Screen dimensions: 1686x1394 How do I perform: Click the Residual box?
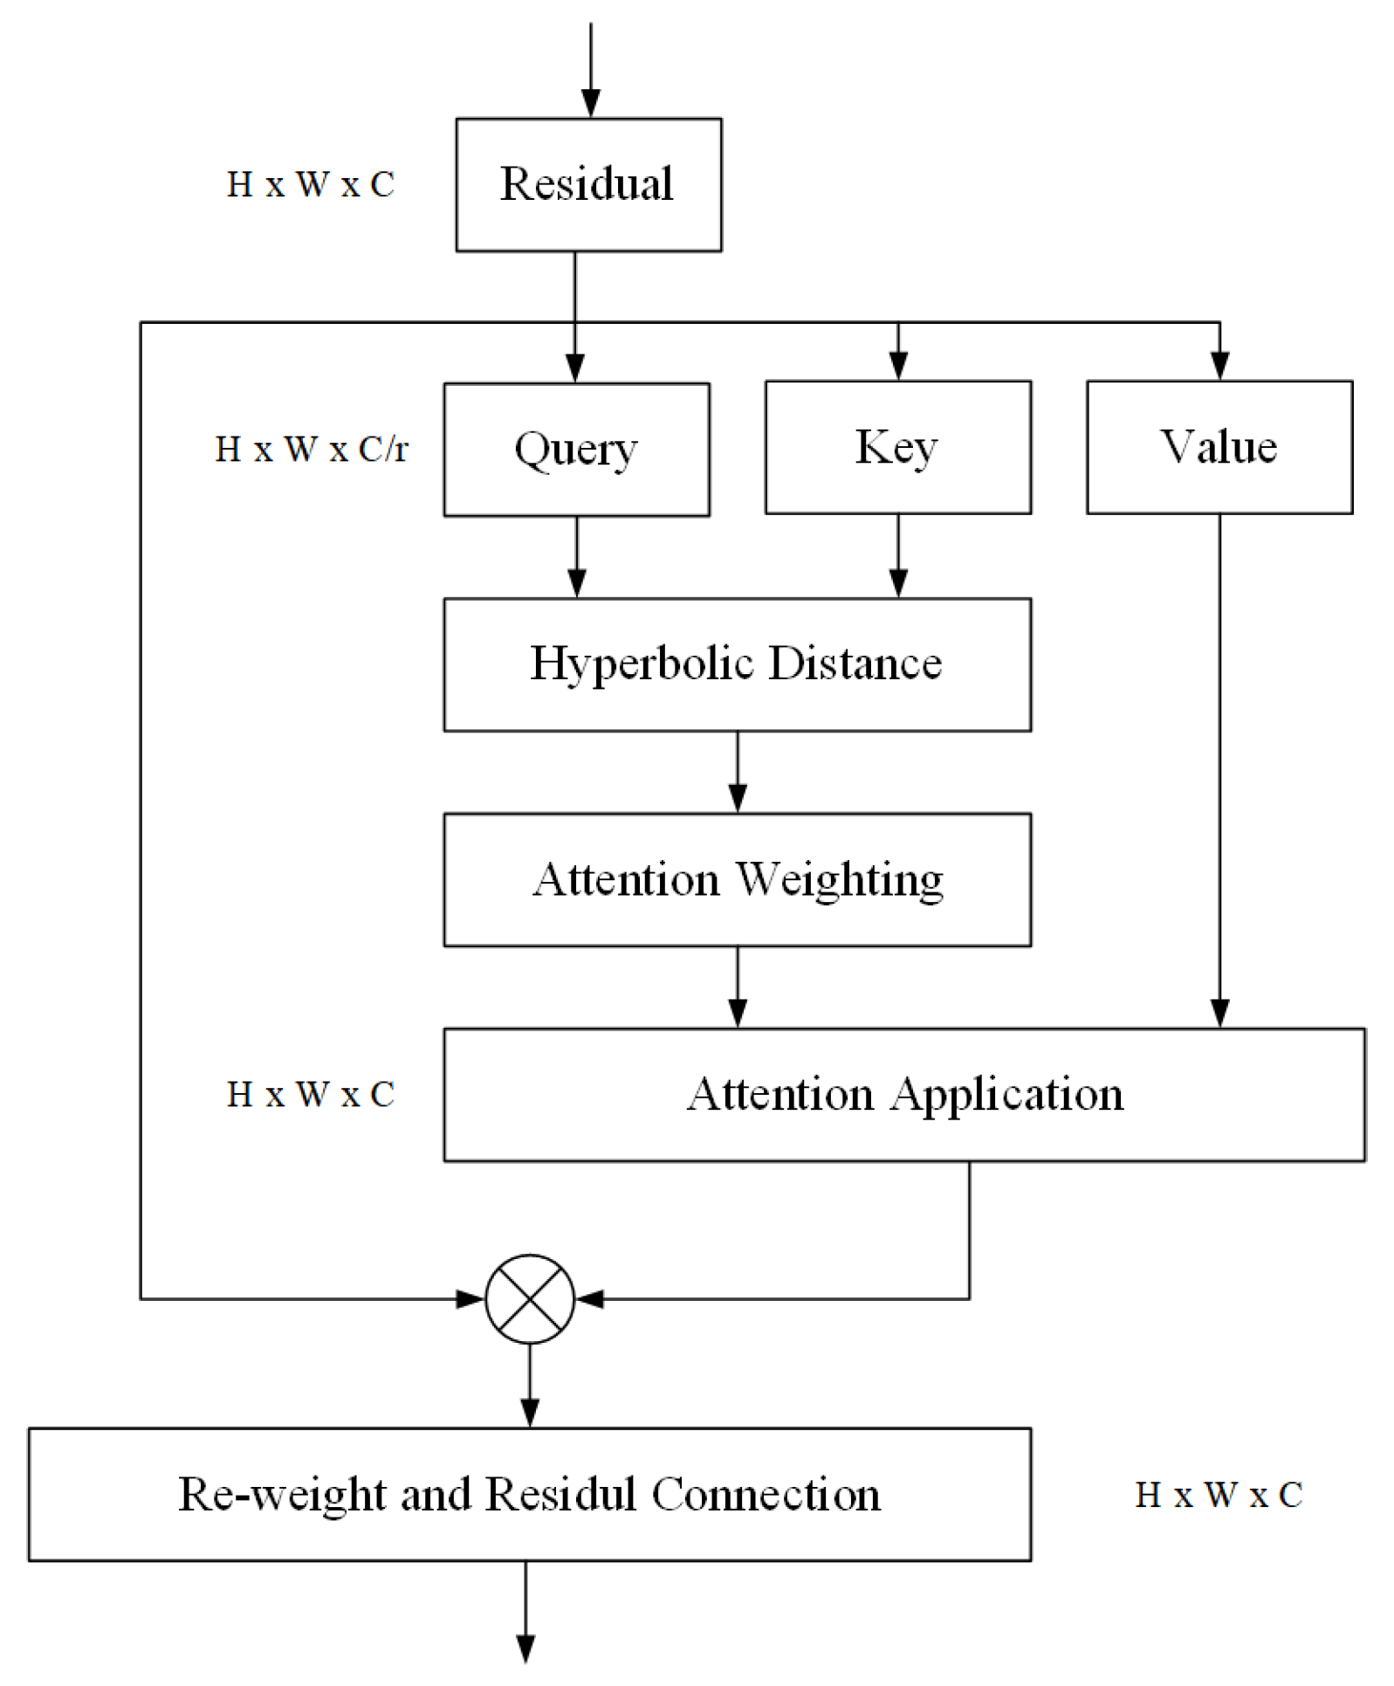tap(588, 185)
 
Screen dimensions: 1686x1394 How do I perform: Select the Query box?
tap(576, 450)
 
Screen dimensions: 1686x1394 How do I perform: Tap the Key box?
tap(897, 447)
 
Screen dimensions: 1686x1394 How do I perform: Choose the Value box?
tap(1219, 447)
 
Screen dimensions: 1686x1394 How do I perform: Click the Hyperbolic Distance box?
tap(737, 664)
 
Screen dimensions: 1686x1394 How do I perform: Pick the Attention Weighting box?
tap(737, 879)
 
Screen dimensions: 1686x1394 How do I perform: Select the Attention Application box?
tap(903, 1094)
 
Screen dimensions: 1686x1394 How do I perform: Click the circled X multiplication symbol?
tap(530, 1298)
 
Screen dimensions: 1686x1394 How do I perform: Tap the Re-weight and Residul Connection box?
tap(529, 1494)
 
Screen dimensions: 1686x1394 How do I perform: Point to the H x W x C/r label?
tap(312, 450)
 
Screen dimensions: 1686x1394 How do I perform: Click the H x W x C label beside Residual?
tap(311, 185)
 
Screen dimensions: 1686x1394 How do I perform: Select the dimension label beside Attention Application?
tap(311, 1094)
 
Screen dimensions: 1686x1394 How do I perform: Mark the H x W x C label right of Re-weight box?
tap(1219, 1495)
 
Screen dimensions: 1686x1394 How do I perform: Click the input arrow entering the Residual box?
tap(591, 70)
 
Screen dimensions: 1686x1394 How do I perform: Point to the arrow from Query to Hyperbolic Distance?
tap(577, 557)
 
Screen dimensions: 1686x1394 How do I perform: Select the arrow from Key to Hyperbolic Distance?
tap(898, 555)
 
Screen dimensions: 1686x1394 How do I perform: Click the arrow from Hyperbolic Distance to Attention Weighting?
tap(738, 772)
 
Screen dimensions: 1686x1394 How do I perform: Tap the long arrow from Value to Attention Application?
tap(1219, 768)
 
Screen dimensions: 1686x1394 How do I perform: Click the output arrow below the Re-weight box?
tap(525, 1611)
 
